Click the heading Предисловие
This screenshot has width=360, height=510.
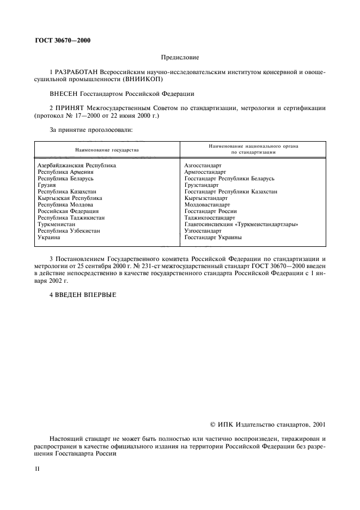point(180,57)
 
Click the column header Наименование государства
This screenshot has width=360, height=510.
point(107,149)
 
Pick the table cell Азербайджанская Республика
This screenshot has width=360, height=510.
point(77,165)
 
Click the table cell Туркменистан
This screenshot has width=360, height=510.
point(57,224)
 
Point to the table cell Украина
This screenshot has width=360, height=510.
point(48,238)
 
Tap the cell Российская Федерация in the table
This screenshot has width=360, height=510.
point(68,211)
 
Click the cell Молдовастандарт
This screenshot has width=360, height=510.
point(207,205)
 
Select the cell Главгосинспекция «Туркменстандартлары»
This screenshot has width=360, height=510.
point(241,224)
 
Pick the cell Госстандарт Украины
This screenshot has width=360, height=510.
point(213,238)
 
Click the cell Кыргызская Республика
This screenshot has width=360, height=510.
point(69,198)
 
